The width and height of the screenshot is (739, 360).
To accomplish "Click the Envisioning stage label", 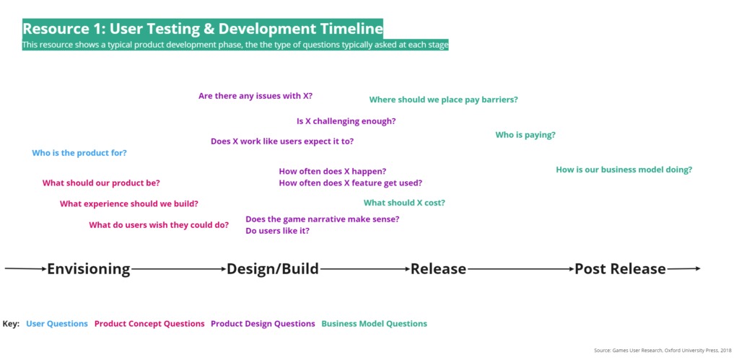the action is click(x=89, y=269).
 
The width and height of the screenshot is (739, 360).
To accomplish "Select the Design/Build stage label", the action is click(x=273, y=269).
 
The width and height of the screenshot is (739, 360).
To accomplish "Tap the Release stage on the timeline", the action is click(x=438, y=269).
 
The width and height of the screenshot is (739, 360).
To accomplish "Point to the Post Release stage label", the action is click(x=620, y=269).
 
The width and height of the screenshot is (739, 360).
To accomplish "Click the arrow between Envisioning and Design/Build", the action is click(x=179, y=269).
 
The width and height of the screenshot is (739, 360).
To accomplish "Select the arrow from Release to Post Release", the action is click(x=520, y=269).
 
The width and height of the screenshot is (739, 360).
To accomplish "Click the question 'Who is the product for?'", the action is click(x=79, y=153).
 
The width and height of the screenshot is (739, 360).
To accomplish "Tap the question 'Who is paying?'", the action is click(x=525, y=135).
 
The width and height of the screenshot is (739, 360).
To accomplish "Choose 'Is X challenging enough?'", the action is click(x=346, y=121).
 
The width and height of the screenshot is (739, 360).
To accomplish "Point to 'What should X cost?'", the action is click(x=404, y=203).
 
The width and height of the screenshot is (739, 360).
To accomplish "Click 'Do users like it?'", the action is click(x=278, y=232).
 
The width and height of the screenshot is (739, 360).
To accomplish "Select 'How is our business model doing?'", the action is click(x=624, y=170).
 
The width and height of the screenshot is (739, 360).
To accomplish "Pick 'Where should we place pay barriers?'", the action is click(x=444, y=100).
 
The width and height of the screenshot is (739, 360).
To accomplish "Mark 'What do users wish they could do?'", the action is click(x=159, y=225).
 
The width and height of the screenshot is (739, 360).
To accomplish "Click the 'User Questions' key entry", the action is click(x=57, y=324).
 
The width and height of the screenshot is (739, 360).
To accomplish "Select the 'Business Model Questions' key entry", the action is click(x=375, y=324).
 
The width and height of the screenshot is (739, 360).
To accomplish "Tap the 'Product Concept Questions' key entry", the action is click(x=149, y=324).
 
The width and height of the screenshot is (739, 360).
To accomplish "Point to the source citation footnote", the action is click(x=663, y=351).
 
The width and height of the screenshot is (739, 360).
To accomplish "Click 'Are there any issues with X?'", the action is click(x=255, y=96).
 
